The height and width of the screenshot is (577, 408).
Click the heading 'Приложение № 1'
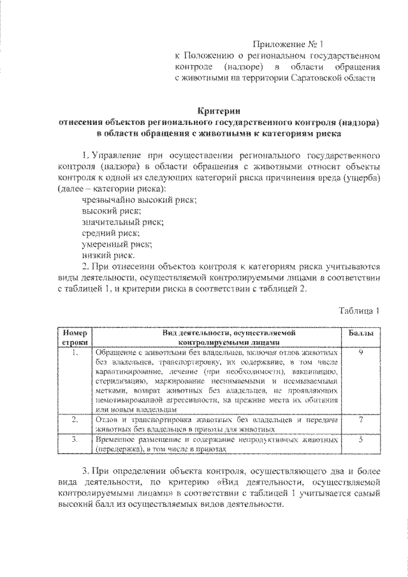[288, 45]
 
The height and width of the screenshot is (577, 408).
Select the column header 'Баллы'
[361, 333]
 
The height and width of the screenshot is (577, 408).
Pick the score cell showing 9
[361, 352]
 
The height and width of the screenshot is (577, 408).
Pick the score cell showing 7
[361, 420]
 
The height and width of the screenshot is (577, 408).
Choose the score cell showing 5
[361, 440]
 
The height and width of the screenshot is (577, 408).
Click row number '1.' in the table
[75, 352]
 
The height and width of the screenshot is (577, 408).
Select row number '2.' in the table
[75, 420]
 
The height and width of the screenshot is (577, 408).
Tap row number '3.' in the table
[75, 440]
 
